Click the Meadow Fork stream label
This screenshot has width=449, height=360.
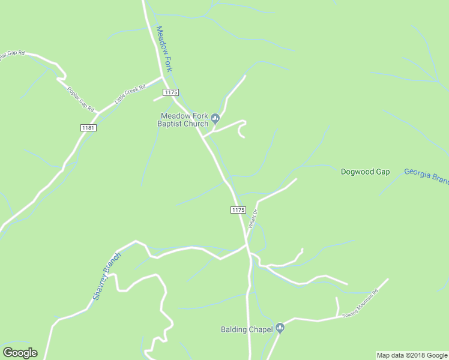tap(164, 49)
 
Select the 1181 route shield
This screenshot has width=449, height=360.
tap(88, 128)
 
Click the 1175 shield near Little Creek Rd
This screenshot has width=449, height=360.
tap(170, 91)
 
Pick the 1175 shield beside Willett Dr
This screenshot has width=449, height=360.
tap(238, 209)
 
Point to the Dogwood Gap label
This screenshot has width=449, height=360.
tap(365, 172)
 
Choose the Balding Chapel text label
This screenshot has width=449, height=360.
tap(247, 329)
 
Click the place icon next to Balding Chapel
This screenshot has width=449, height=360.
tap(280, 328)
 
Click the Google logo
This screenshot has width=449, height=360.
tap(20, 353)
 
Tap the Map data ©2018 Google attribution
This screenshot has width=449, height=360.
tap(412, 355)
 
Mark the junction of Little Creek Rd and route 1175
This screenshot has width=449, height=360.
tap(163, 77)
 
